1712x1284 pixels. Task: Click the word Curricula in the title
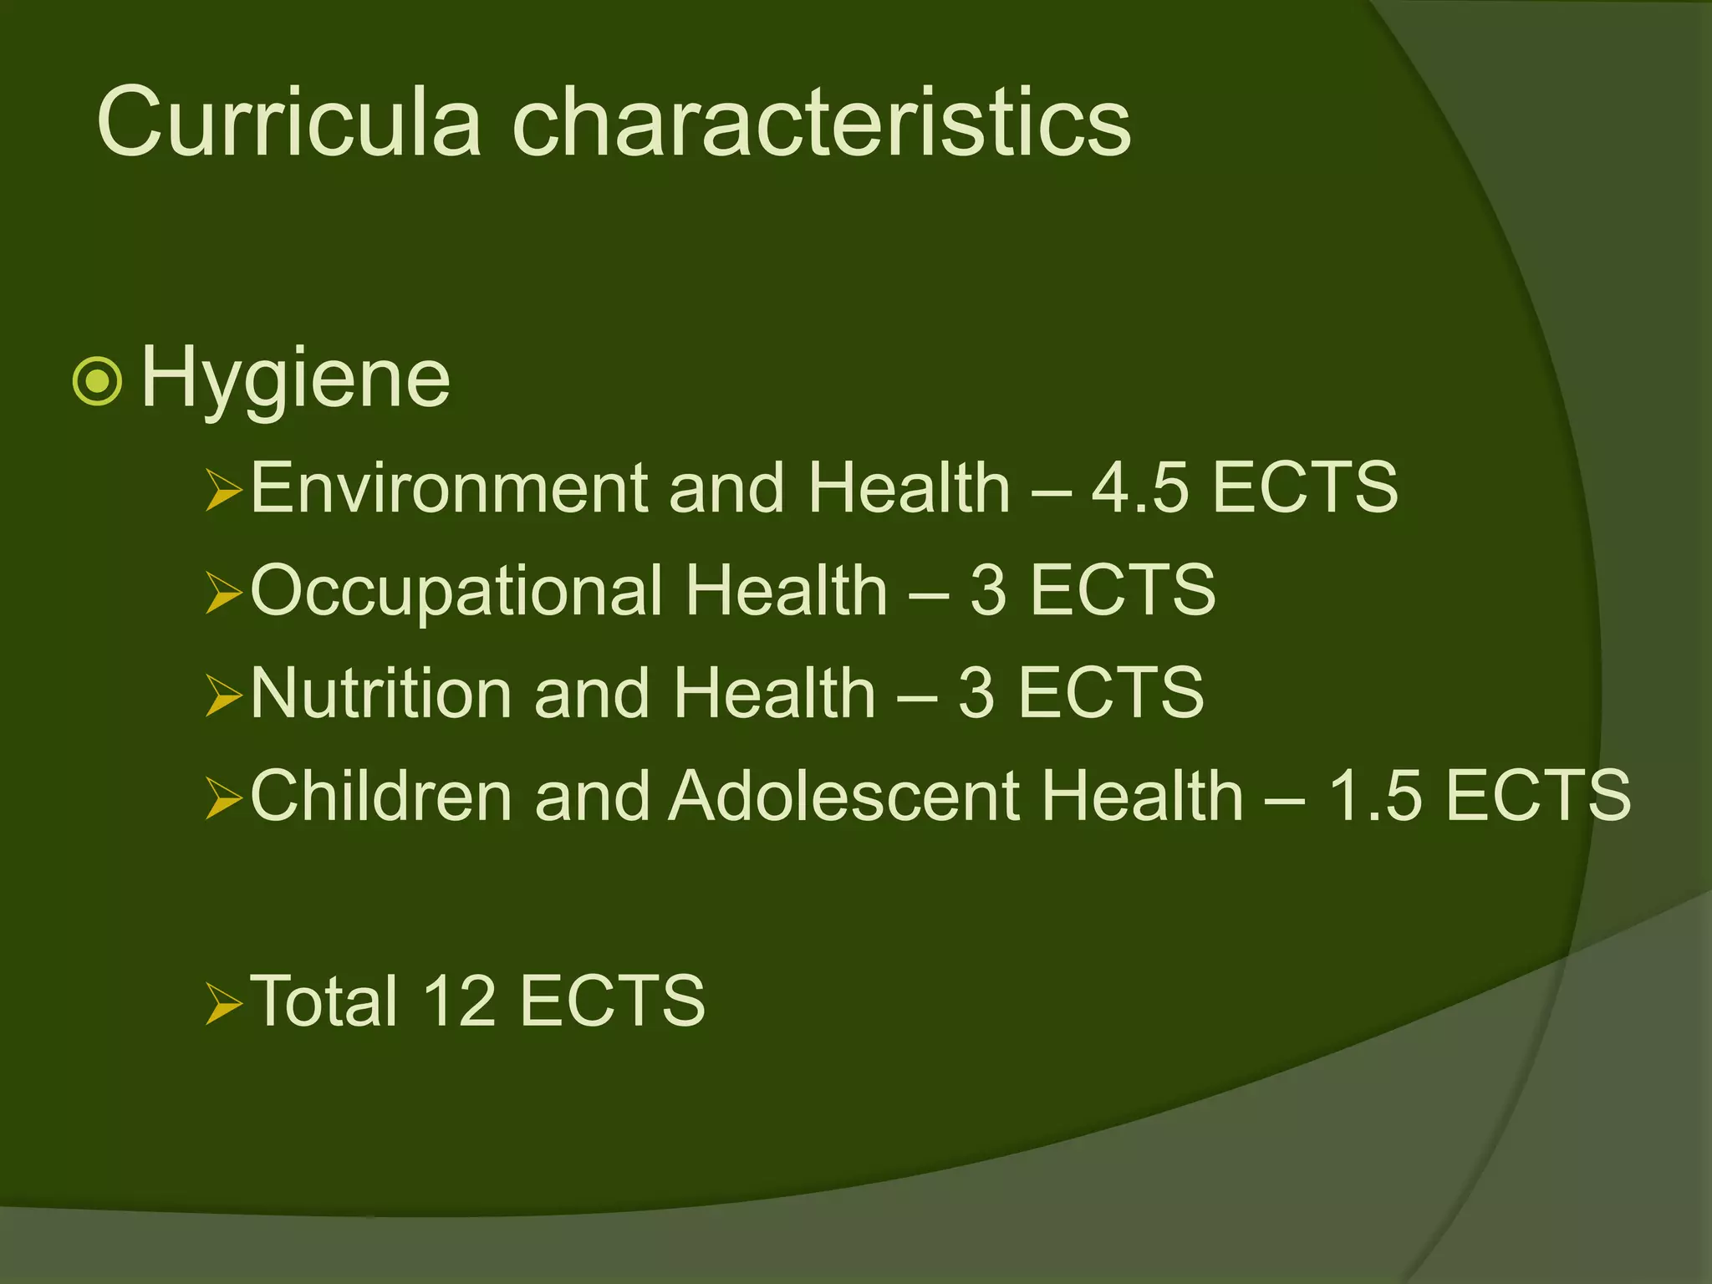point(289,122)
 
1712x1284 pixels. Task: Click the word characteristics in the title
point(821,122)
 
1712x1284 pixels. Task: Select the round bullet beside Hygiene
point(98,381)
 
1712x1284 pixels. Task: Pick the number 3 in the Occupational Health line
point(988,590)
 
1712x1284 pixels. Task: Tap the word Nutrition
point(381,693)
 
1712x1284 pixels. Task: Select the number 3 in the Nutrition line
point(976,693)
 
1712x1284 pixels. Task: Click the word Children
point(381,796)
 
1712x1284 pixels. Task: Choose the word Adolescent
point(843,796)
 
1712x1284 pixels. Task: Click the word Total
point(324,1001)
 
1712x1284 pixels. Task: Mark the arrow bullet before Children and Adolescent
point(223,799)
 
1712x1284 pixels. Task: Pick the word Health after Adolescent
point(1143,796)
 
